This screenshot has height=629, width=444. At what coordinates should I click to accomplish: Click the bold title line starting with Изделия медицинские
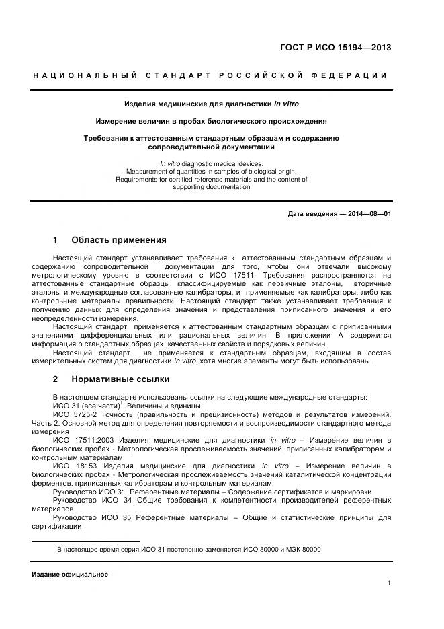click(212, 104)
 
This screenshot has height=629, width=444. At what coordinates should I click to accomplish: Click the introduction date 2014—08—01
click(369, 214)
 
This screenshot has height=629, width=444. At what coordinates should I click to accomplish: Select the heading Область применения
click(118, 240)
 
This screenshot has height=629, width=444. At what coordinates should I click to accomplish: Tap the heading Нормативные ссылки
click(120, 379)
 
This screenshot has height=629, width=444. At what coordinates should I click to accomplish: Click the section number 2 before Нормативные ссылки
click(56, 379)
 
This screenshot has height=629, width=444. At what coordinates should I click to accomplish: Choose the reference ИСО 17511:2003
click(82, 440)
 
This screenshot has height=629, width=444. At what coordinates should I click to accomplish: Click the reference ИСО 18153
click(71, 466)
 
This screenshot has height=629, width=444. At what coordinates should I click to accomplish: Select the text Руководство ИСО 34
click(89, 501)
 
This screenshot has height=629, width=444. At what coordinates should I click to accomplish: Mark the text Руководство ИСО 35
click(89, 518)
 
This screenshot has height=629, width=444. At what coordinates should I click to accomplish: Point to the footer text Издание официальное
click(70, 575)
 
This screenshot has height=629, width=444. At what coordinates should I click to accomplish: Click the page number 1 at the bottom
click(389, 583)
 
